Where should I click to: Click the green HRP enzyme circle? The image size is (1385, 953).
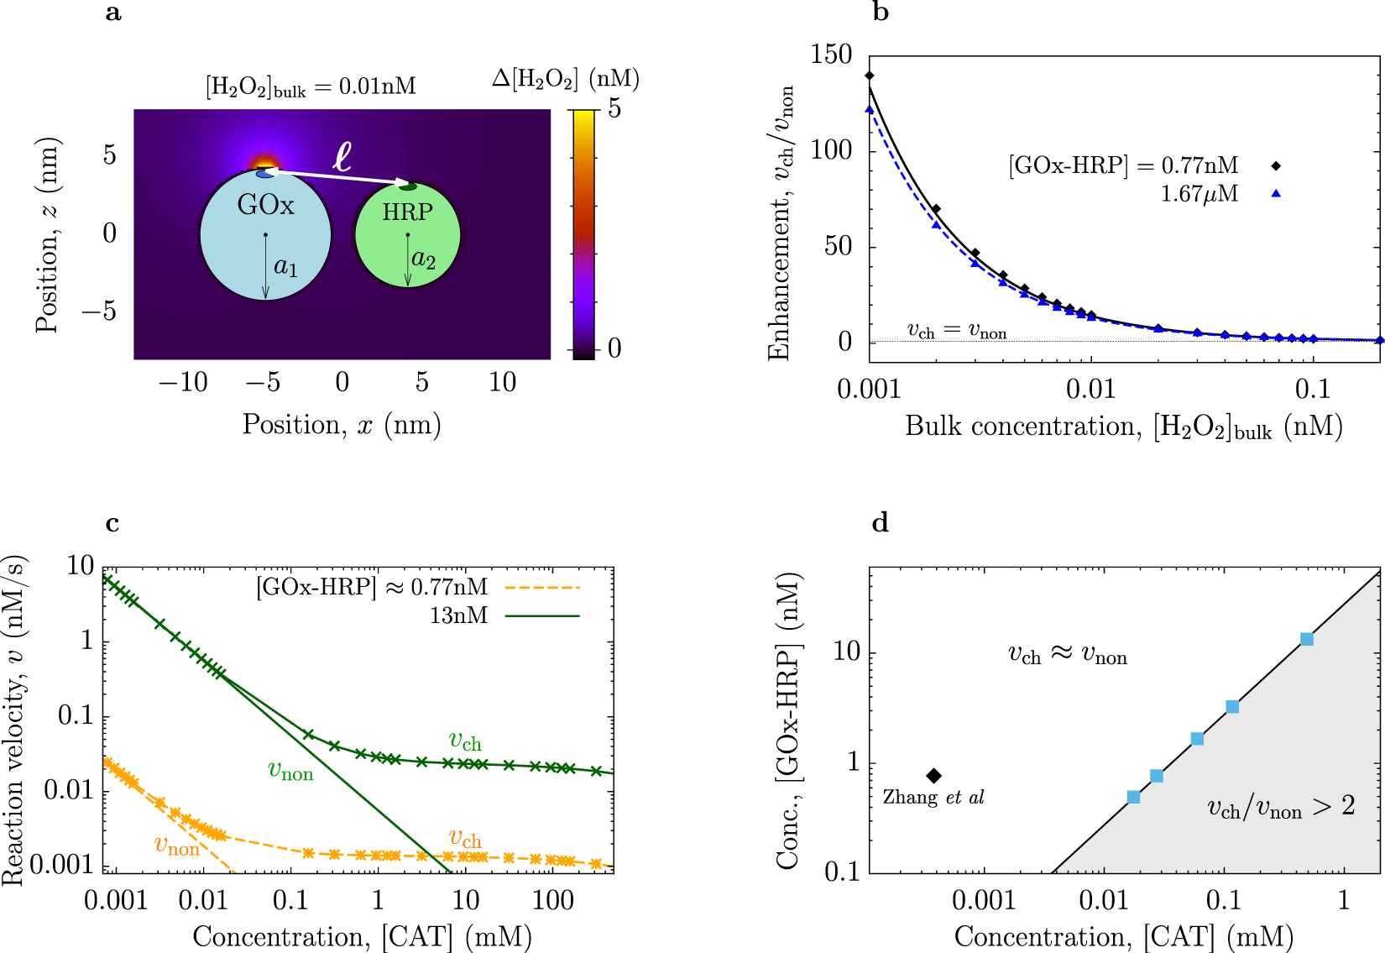[408, 243]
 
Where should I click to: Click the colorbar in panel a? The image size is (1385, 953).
[583, 234]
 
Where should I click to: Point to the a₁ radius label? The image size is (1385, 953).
[285, 267]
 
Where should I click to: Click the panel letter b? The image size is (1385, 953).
[881, 13]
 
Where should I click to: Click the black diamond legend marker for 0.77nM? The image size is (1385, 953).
[1276, 166]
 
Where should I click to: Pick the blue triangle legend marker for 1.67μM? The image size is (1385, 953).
[1276, 194]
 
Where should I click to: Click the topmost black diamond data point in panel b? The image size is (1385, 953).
[870, 76]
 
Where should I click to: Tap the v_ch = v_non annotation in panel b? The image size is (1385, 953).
[957, 331]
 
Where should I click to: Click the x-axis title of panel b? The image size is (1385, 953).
[1123, 427]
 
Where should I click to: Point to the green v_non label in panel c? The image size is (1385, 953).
[290, 771]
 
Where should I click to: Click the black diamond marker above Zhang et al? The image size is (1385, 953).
[933, 776]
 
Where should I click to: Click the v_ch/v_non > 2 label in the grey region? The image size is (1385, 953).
[1281, 808]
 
